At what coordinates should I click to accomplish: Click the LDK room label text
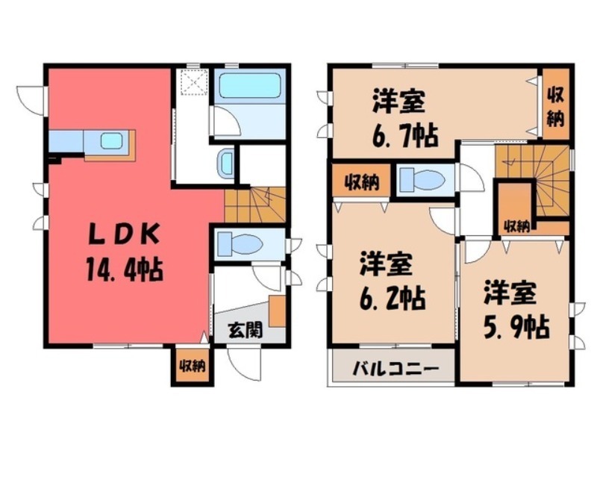(x=125, y=234)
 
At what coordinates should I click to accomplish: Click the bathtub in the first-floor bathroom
(x=249, y=87)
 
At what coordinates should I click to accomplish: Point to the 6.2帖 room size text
(x=393, y=299)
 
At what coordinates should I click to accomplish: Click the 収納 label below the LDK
(x=191, y=366)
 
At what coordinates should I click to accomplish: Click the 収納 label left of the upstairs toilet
(x=360, y=181)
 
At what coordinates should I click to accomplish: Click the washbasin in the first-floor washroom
(x=225, y=163)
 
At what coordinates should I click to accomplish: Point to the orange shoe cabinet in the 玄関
(x=278, y=311)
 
